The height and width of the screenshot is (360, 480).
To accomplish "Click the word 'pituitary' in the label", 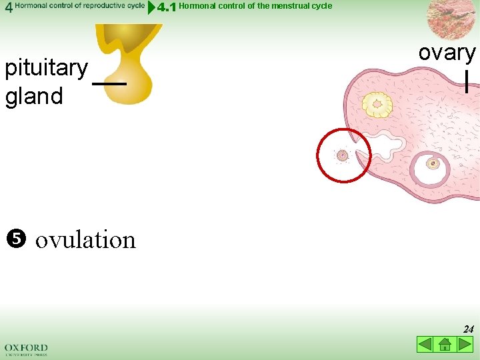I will point(46,68).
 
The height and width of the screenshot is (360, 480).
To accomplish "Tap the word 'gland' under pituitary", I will point(34,97).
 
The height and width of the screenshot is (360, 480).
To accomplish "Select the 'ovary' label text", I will point(447,53).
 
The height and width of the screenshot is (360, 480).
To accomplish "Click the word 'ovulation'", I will point(85,240).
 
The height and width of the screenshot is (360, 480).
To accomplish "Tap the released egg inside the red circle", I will point(342,155).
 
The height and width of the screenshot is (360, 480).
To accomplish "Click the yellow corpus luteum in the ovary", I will point(377,105).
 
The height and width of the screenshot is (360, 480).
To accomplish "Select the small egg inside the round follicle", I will point(433,163).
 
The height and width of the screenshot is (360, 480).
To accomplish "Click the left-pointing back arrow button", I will point(425,345).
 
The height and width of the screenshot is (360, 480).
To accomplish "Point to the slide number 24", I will point(468,329).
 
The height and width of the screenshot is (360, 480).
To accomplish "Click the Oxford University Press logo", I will point(26,349).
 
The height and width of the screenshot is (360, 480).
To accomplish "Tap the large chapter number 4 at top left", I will point(7,7).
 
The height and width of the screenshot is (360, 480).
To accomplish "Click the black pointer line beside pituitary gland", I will point(109,84).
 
